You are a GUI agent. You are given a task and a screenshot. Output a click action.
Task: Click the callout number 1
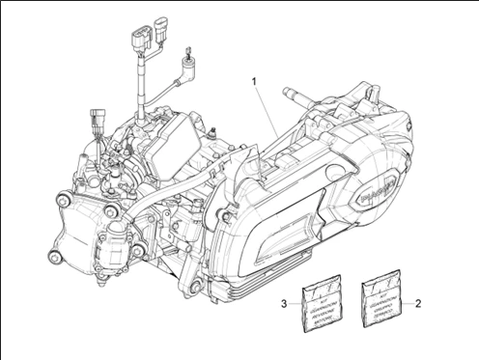tap(255, 81)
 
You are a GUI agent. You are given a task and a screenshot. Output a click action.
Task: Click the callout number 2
tap(418, 302)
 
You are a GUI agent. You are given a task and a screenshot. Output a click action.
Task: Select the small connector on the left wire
tap(98, 124)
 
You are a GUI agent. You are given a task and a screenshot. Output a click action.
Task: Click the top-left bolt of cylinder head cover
tap(64, 200)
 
